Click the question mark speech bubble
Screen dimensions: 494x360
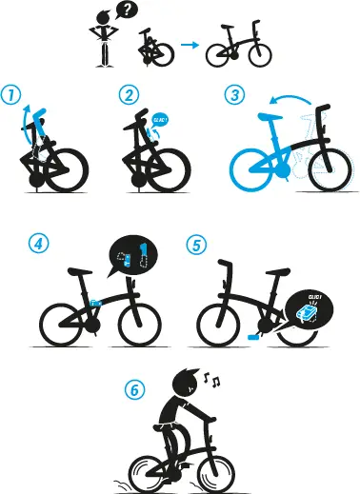pyautogui.click(x=127, y=11)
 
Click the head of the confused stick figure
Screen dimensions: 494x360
pyautogui.click(x=106, y=21)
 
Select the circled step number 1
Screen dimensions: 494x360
pyautogui.click(x=11, y=96)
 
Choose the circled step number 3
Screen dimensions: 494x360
pyautogui.click(x=232, y=95)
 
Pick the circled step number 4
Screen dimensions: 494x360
pyautogui.click(x=38, y=245)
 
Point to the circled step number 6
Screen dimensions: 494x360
pyautogui.click(x=135, y=389)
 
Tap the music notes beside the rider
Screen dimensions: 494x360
pyautogui.click(x=214, y=382)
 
